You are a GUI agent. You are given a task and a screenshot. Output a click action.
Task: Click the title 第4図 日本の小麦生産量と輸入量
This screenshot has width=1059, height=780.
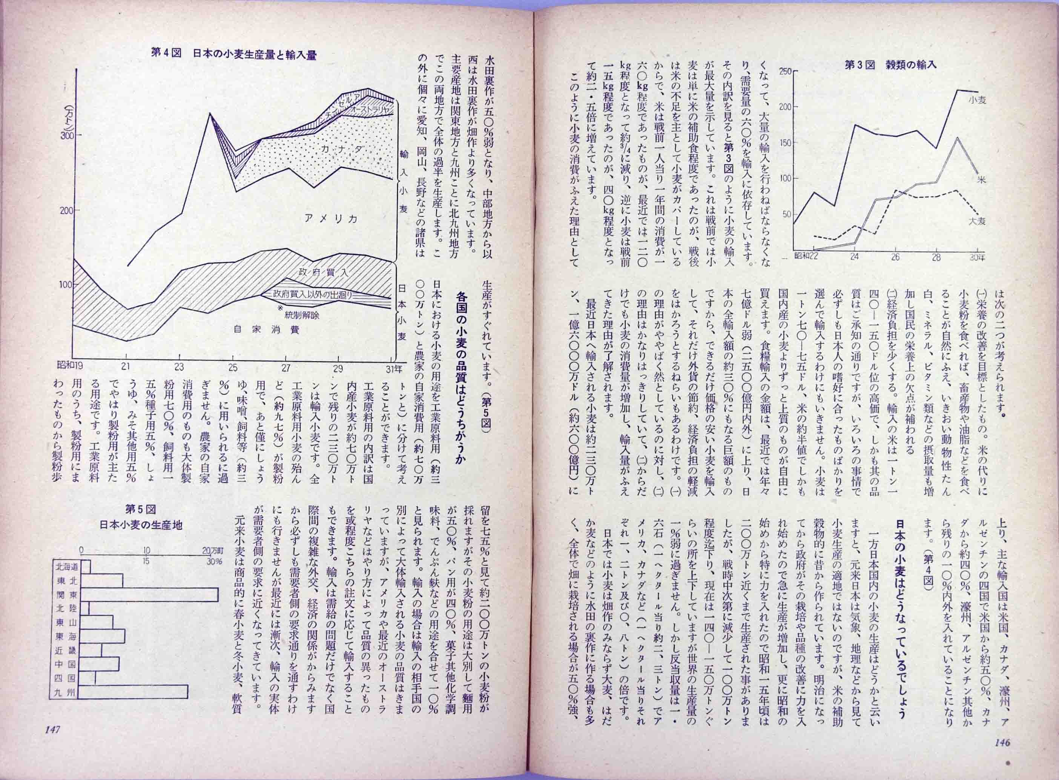click(x=233, y=54)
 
